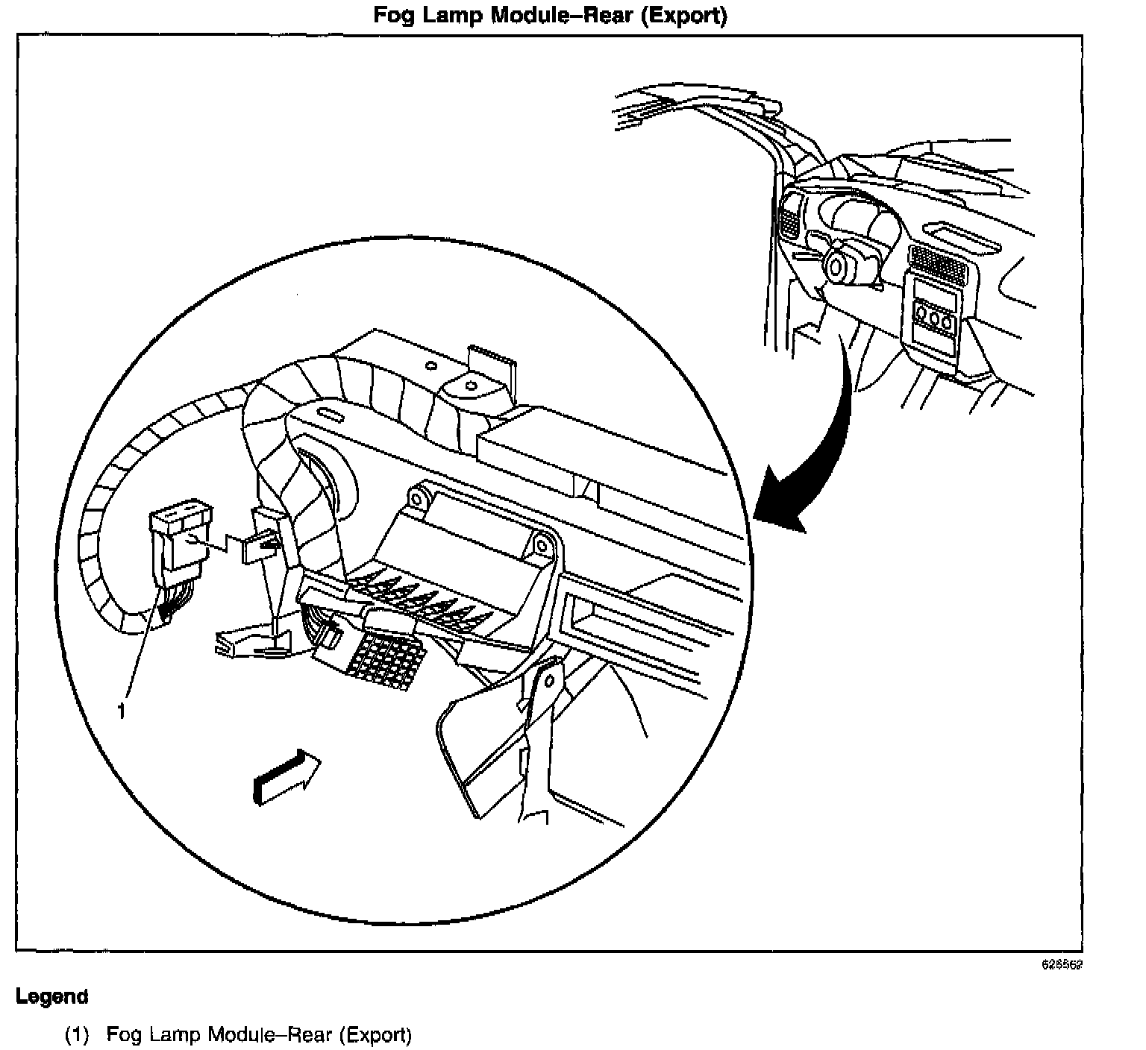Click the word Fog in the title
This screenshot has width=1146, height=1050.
click(x=394, y=16)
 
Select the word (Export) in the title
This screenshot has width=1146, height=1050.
click(x=683, y=16)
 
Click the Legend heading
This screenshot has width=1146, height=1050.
click(x=52, y=996)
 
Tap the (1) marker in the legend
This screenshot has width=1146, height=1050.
click(x=77, y=1035)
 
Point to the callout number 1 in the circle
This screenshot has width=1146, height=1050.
click(x=122, y=711)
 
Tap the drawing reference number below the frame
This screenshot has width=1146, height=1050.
click(x=1062, y=963)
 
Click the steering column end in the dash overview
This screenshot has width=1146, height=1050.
click(x=836, y=267)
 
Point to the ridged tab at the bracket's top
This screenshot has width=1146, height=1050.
click(x=490, y=361)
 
